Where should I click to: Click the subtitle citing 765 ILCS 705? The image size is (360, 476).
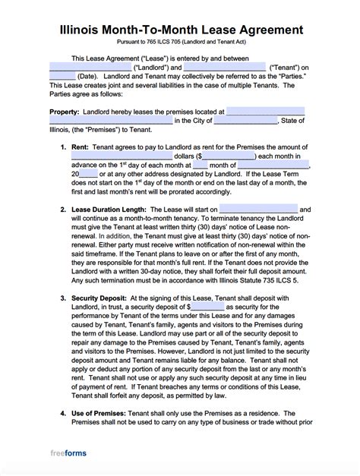click(180, 46)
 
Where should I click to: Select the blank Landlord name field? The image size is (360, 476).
click(90, 68)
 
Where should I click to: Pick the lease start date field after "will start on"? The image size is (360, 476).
click(262, 208)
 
